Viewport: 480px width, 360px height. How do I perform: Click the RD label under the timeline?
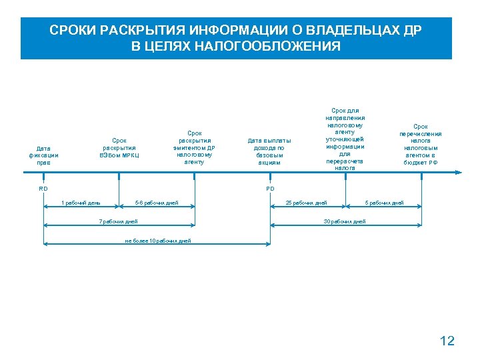(43, 189)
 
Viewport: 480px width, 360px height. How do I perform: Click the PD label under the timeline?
(270, 189)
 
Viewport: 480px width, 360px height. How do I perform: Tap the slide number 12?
(447, 341)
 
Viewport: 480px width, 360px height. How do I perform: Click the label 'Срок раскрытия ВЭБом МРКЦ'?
(119, 147)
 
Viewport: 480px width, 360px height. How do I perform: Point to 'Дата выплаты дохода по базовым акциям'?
(269, 151)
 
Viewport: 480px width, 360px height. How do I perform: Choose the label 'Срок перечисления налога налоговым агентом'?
(421, 143)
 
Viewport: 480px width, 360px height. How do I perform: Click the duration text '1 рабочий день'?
(81, 203)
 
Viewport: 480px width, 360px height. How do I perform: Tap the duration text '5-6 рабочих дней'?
(157, 203)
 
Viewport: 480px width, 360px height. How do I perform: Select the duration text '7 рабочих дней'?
(118, 221)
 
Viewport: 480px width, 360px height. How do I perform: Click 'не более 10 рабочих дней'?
(158, 240)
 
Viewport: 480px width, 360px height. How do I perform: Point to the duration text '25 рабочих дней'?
(307, 203)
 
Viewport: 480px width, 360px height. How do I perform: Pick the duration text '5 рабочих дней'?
(384, 203)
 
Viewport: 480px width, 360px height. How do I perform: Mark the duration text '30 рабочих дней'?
(345, 221)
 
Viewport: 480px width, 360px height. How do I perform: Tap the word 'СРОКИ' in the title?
(70, 31)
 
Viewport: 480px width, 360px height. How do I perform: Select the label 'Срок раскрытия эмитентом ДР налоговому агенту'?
(195, 147)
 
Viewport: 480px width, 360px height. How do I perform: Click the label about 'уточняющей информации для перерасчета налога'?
(345, 139)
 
